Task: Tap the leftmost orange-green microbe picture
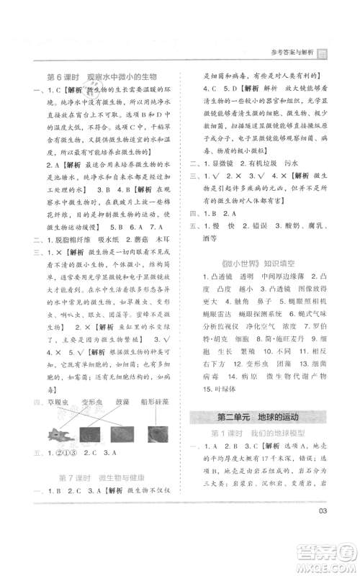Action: click(57, 433)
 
